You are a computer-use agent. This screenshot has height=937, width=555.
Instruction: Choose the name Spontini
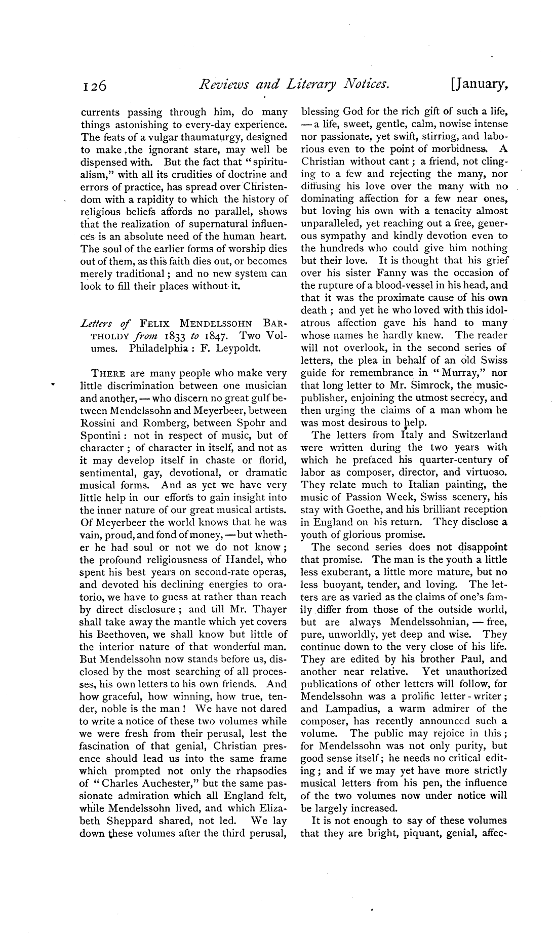point(98,436)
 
